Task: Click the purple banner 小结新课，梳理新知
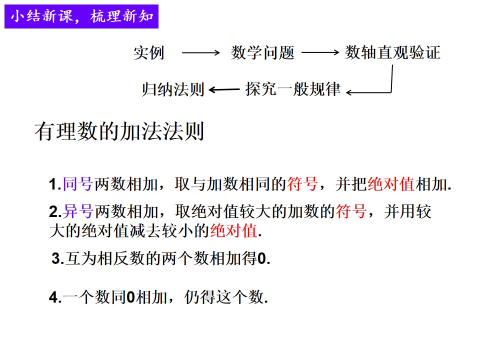point(81,16)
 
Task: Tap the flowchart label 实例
point(149,52)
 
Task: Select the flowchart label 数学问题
point(262,52)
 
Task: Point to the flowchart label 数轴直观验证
point(393,52)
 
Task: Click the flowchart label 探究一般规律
point(293,89)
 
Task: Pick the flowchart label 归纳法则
point(173,89)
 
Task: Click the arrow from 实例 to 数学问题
point(201,52)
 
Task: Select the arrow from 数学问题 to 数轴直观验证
point(320,52)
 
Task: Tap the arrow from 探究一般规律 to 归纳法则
point(224,89)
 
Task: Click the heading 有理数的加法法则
point(119,131)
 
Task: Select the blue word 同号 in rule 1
point(78,184)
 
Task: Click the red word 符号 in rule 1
point(302,184)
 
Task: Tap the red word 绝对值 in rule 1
point(391,184)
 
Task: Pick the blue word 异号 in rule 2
point(78,211)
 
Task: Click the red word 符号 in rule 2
point(351,211)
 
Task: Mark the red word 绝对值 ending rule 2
point(233,230)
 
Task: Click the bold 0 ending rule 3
point(261,258)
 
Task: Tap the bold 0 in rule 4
point(130,297)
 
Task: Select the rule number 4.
point(53,297)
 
